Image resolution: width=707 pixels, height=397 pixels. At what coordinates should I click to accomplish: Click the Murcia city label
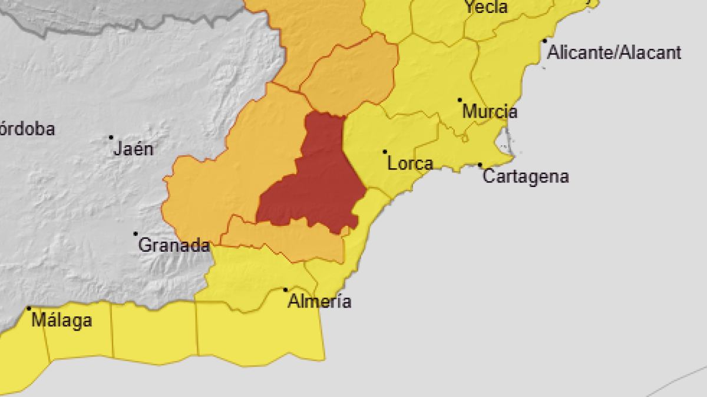click(490, 111)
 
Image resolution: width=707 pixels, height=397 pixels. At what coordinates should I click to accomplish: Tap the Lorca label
click(411, 164)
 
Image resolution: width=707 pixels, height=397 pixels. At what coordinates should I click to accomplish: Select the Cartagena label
click(526, 176)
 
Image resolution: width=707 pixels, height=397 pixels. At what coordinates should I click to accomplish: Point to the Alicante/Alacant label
click(615, 52)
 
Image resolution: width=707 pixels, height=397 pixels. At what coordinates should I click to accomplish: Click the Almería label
click(319, 302)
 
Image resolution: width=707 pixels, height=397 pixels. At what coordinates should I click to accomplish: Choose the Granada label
click(174, 245)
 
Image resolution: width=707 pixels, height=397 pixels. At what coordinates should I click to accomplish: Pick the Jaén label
click(134, 149)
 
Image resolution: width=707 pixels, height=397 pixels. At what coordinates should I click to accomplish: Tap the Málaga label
click(62, 321)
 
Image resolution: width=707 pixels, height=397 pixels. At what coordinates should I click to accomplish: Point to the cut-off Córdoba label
click(27, 129)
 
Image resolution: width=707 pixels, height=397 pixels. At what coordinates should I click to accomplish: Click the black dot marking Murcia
click(460, 100)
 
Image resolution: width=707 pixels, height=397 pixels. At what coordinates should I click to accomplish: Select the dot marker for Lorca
click(385, 152)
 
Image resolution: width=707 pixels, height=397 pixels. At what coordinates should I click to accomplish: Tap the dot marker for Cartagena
click(480, 165)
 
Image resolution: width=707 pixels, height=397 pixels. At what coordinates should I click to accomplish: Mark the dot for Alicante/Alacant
click(545, 41)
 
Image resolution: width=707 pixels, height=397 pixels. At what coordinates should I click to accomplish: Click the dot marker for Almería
click(286, 289)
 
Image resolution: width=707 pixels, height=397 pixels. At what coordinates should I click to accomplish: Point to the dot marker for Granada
click(136, 233)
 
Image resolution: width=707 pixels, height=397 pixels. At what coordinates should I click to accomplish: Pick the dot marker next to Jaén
click(111, 138)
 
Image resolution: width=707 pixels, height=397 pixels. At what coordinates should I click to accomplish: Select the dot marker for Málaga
click(29, 308)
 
